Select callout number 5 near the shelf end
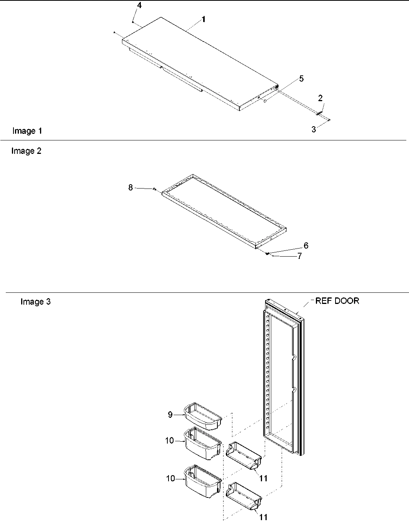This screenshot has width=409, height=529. (x=301, y=78)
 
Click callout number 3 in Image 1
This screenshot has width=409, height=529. (x=314, y=130)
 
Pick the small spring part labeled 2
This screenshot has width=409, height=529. (x=319, y=113)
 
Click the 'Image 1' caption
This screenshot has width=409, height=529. (x=27, y=131)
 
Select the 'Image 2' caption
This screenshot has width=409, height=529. (x=26, y=151)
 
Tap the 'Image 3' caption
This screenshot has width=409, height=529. (x=35, y=302)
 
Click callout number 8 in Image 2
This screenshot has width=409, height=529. (x=130, y=187)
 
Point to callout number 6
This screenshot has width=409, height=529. (x=306, y=245)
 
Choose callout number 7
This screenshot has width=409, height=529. (x=299, y=256)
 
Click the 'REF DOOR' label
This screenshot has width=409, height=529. (x=337, y=301)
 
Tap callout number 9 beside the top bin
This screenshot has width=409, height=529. (x=170, y=414)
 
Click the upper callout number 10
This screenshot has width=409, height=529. (x=170, y=441)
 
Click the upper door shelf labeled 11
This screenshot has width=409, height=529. (x=244, y=456)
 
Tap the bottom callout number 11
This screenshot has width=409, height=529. (x=264, y=517)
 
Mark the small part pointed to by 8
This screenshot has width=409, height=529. (x=154, y=189)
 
